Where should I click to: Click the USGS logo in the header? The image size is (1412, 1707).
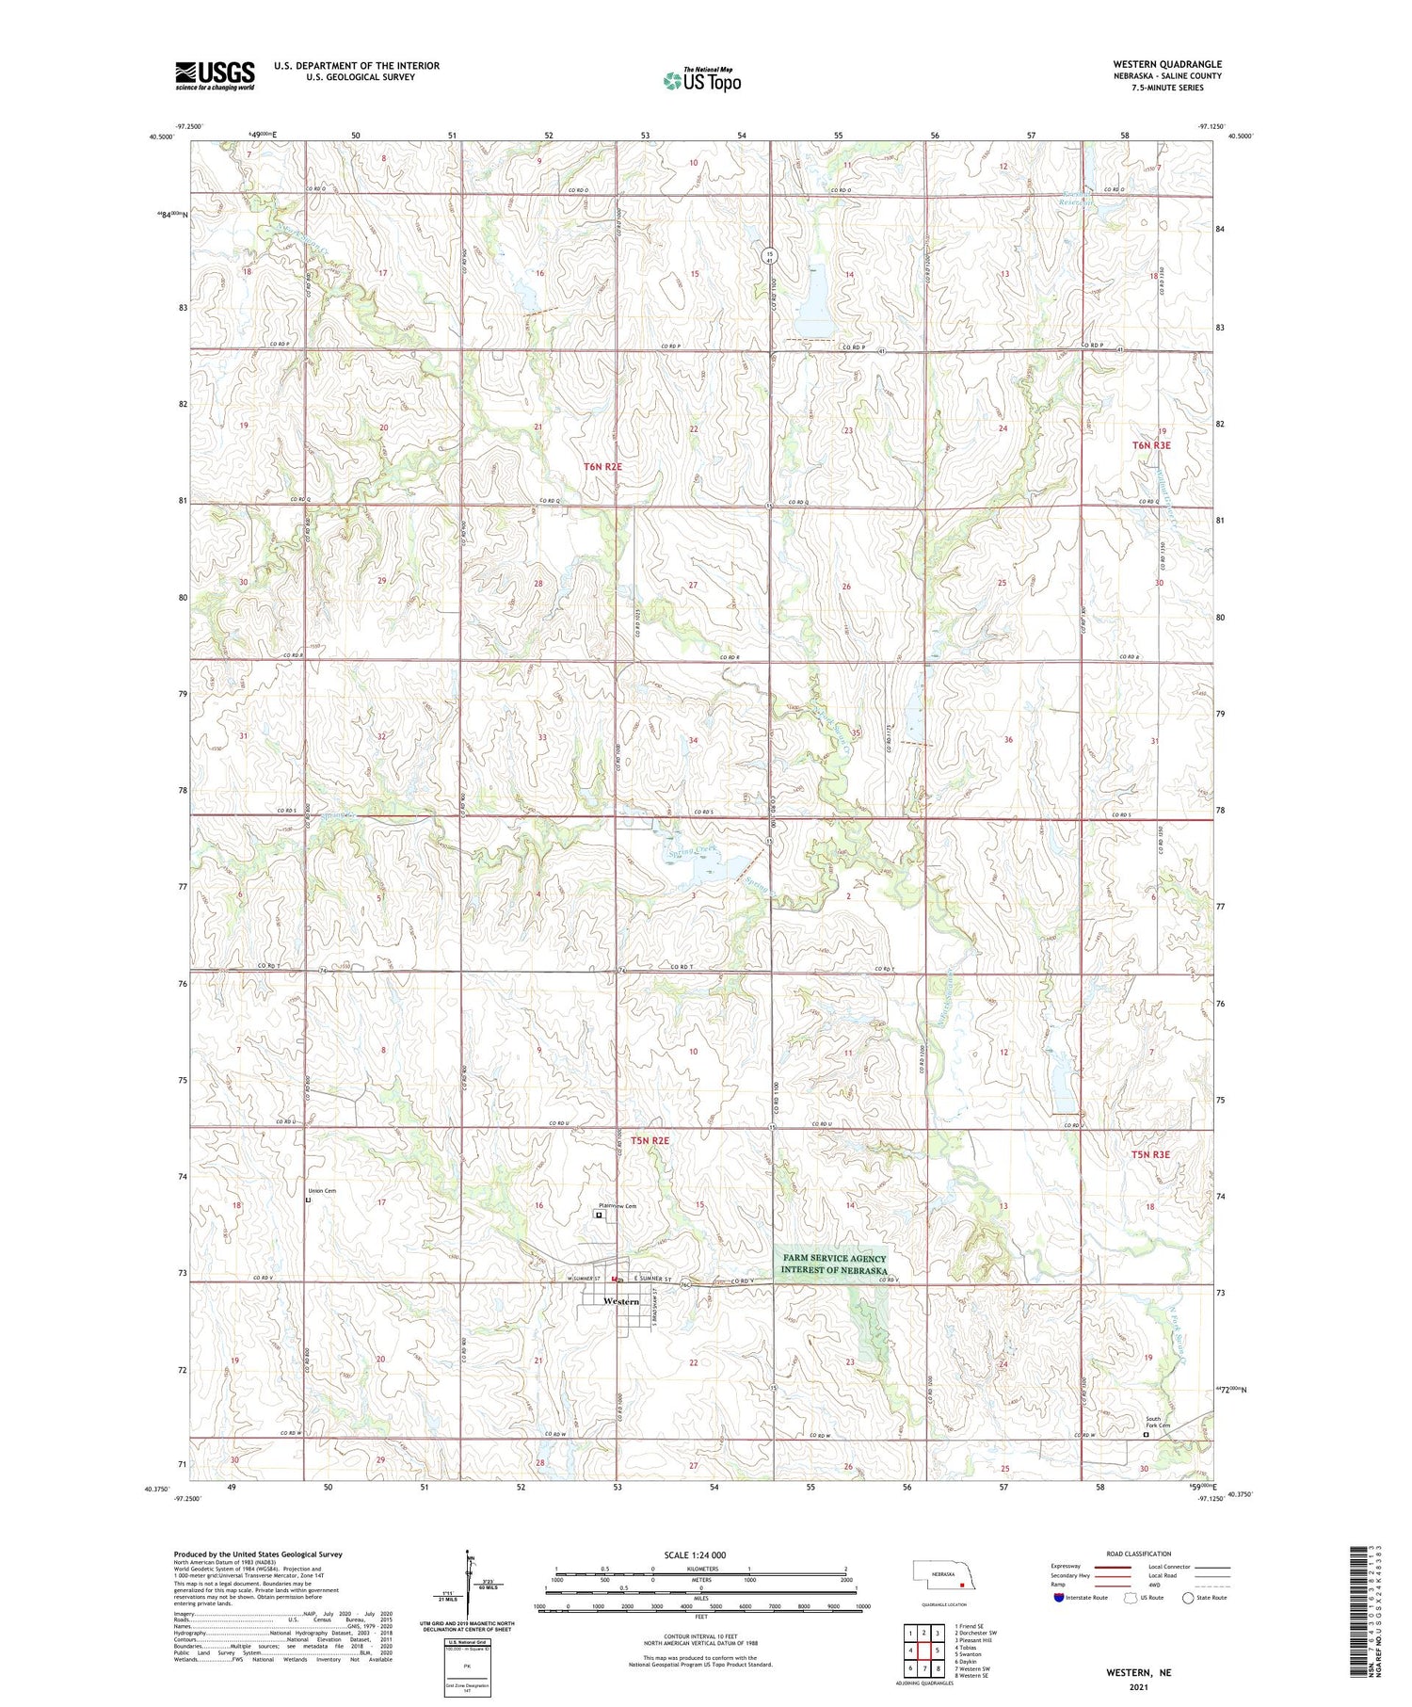pyautogui.click(x=215, y=75)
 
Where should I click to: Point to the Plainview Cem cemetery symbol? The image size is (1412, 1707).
pyautogui.click(x=598, y=1216)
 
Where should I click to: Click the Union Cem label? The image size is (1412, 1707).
pyautogui.click(x=322, y=1191)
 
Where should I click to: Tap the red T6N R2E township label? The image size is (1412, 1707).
pyautogui.click(x=602, y=466)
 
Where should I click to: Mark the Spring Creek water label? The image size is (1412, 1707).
pyautogui.click(x=693, y=851)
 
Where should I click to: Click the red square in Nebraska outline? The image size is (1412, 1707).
pyautogui.click(x=961, y=1596)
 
